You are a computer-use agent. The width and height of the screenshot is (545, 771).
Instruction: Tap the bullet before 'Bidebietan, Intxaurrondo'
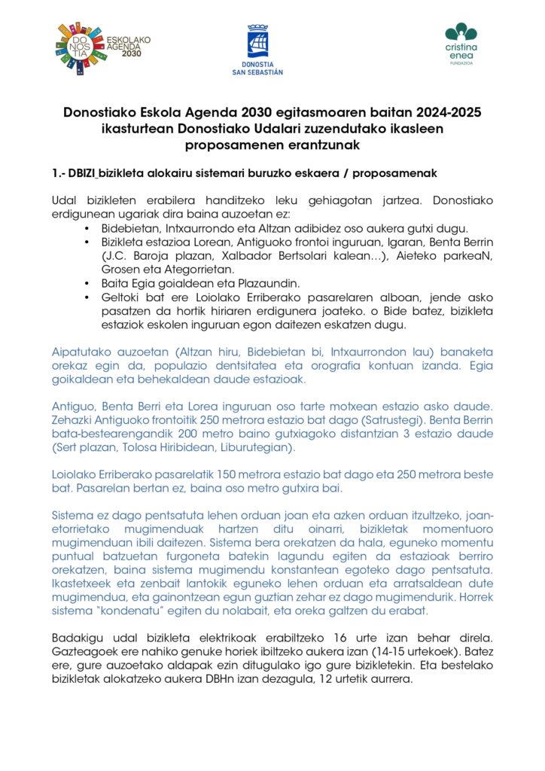88,228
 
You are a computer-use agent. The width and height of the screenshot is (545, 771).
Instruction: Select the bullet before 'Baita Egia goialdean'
88,283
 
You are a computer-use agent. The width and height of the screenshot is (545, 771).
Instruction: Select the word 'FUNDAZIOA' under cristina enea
461,64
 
